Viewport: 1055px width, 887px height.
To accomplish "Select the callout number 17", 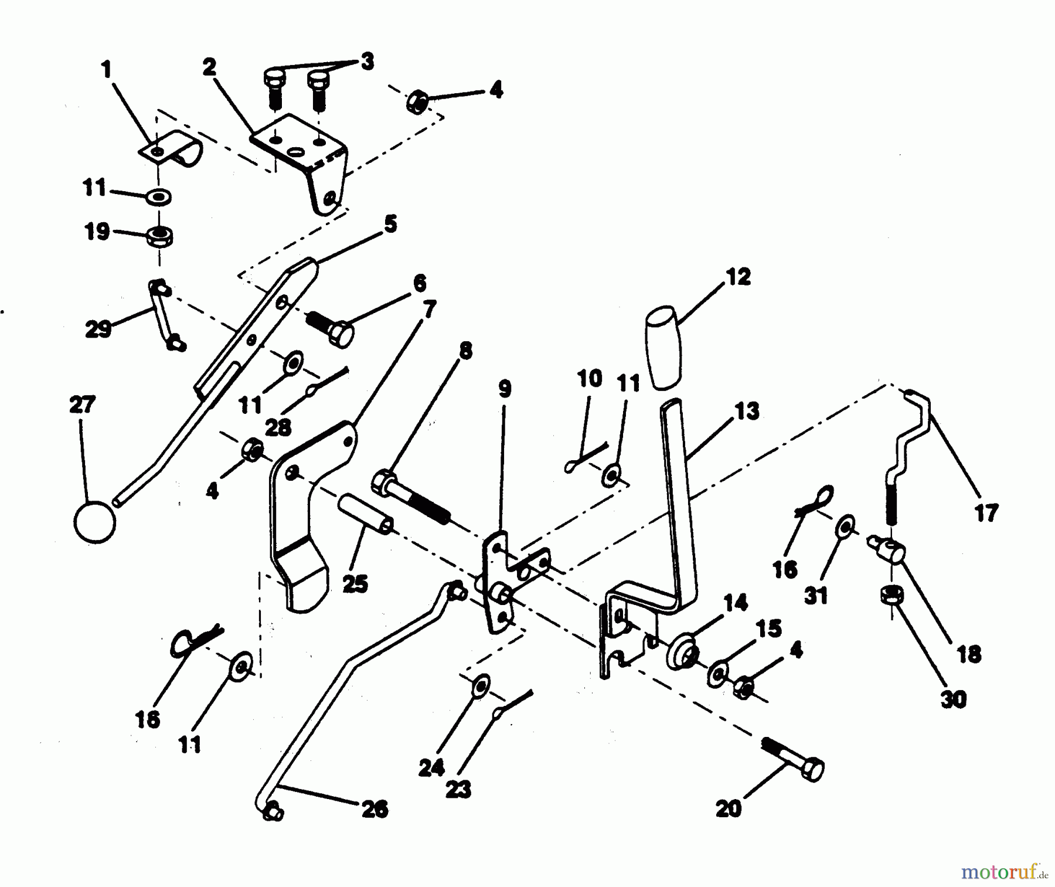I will [x=986, y=513].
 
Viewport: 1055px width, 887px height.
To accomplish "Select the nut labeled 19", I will [x=159, y=236].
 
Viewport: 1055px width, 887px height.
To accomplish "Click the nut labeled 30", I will [x=891, y=596].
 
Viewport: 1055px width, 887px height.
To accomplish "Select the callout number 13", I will [x=747, y=411].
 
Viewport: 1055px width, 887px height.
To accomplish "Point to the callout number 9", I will [x=505, y=389].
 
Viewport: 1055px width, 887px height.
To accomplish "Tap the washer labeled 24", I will [x=481, y=686].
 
